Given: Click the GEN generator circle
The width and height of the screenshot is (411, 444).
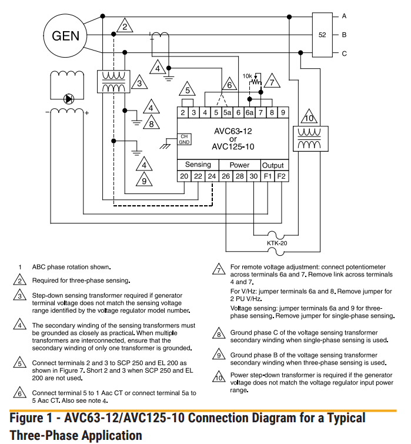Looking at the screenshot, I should (65, 36).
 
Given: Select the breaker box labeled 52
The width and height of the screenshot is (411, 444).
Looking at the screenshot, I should (322, 35).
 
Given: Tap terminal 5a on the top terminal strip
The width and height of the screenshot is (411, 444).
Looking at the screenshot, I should (228, 112).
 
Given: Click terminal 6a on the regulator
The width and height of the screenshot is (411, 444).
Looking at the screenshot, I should (250, 112).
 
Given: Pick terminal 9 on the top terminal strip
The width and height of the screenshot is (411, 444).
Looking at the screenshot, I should (283, 112).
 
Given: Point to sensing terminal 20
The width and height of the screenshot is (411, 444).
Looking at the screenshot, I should (184, 176).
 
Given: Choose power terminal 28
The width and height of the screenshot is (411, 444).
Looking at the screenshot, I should (240, 176).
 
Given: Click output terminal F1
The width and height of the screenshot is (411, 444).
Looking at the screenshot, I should (268, 176).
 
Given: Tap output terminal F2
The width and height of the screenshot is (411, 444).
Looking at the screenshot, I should (282, 176).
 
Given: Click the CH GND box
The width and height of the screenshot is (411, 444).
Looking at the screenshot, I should (184, 139).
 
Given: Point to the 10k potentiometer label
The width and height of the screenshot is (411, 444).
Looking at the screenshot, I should (248, 76).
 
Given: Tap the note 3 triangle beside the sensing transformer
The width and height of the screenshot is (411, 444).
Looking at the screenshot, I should (139, 84).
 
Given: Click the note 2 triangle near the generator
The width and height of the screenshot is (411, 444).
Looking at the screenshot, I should (123, 26).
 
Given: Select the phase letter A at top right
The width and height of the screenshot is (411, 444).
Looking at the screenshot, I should (344, 16).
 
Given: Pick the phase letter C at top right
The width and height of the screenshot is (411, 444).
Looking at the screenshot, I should (344, 54).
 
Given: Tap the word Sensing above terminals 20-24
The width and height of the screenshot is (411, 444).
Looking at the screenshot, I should (198, 165).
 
